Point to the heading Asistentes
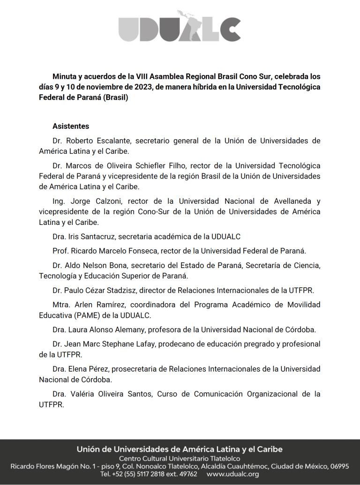[x=71, y=127]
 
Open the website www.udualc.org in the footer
[x=232, y=474]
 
